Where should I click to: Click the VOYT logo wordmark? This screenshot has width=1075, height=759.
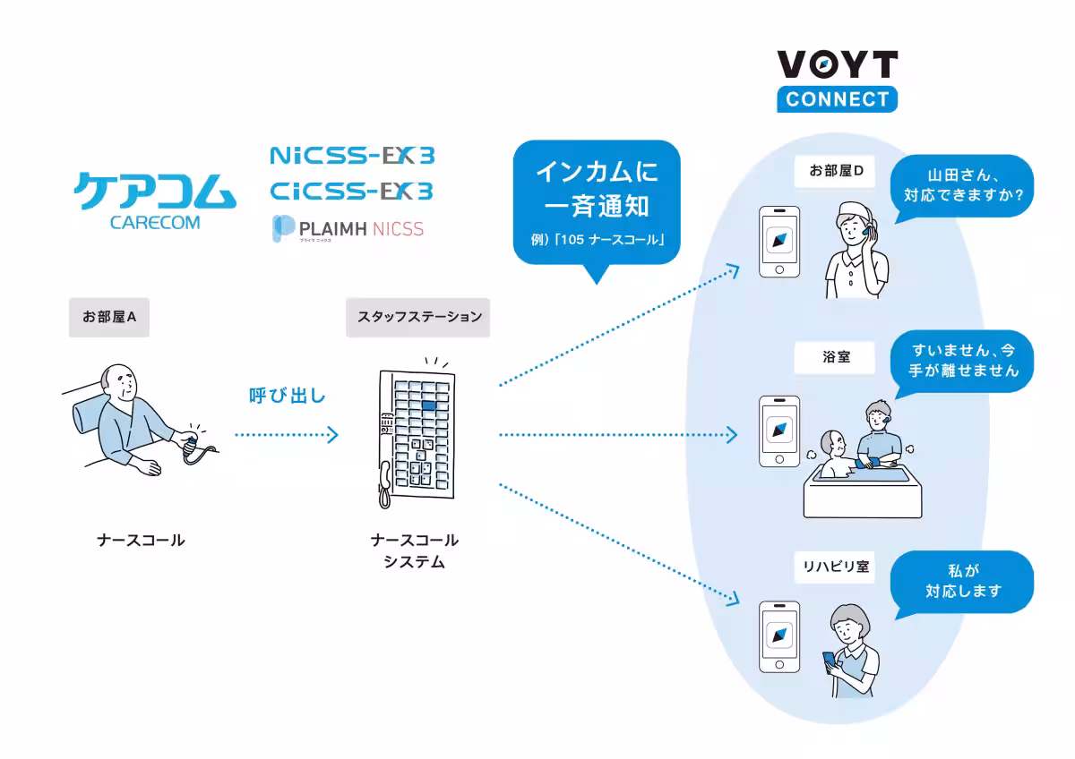(x=837, y=64)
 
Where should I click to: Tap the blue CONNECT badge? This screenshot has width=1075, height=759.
(x=837, y=98)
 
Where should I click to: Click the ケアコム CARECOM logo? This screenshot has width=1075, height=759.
(x=155, y=200)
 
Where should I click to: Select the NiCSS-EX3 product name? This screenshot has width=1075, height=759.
(x=352, y=156)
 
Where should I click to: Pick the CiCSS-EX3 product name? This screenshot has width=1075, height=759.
(x=352, y=191)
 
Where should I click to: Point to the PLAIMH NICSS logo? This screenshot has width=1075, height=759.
(x=348, y=229)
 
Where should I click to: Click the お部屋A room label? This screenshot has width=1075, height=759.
(x=108, y=317)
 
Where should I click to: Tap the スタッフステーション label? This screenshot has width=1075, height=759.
(x=418, y=317)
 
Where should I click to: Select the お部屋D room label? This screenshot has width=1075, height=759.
(x=835, y=171)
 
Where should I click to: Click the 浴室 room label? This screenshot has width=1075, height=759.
(x=835, y=357)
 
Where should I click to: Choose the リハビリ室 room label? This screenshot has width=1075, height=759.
(x=835, y=567)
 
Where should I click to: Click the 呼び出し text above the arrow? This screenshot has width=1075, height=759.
(x=287, y=395)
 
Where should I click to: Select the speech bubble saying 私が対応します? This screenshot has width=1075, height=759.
(x=961, y=581)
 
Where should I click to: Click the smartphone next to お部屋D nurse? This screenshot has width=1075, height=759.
(x=778, y=243)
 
